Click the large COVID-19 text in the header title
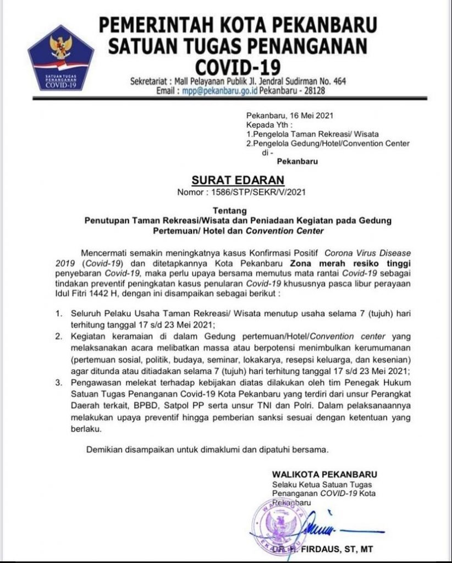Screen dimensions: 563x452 click(238, 66)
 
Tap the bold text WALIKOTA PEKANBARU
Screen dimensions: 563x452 click(325, 474)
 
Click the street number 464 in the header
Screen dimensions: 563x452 click(340, 81)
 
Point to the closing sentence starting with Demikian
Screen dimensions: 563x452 click(208, 450)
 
